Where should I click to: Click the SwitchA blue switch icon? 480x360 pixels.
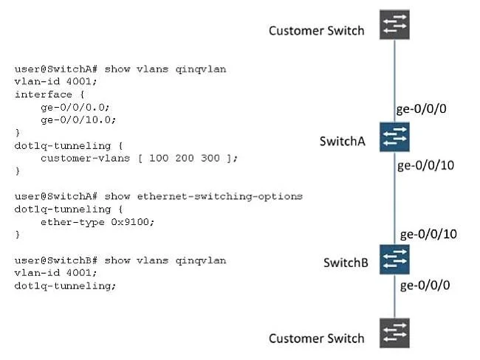coord(394,136)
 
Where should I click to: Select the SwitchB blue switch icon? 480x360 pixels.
coord(394,259)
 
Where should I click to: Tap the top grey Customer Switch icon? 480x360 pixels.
coord(394,24)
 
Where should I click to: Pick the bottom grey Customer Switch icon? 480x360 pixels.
coord(394,333)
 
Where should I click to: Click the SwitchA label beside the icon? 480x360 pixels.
coord(342,142)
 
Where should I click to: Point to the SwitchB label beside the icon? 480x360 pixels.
coord(346,263)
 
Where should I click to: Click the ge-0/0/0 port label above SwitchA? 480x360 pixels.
coord(421,109)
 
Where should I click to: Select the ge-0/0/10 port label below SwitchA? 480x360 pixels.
coord(425,165)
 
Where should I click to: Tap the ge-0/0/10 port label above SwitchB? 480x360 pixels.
coord(428,235)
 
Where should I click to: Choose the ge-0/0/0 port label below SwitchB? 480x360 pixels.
coord(425,285)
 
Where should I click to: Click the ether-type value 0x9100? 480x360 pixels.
coord(132,222)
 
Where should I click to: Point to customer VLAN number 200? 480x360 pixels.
coord(185,158)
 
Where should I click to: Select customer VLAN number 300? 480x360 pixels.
coord(210,158)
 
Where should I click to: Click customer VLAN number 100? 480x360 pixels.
coord(159,158)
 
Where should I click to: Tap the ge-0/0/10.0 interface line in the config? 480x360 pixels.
coord(78,120)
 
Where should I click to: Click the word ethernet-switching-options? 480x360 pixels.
coord(220,196)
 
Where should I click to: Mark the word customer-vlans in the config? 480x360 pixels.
coord(86,158)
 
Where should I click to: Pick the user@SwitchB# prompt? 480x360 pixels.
coord(56,260)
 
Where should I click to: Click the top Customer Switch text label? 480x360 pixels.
coord(317,31)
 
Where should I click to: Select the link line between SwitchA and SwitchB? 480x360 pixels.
coord(394,198)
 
